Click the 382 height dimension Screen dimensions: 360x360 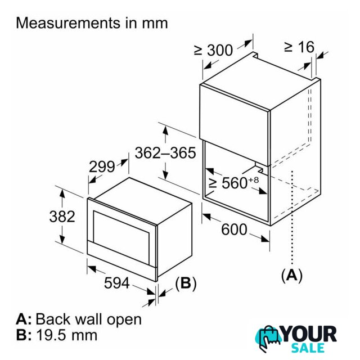click(x=62, y=217)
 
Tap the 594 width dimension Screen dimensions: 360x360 click(x=117, y=283)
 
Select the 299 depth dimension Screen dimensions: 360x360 click(x=102, y=166)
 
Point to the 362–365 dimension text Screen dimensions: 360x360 click(x=165, y=152)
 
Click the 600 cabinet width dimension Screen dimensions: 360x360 click(x=234, y=229)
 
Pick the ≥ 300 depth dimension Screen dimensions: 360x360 click(x=213, y=50)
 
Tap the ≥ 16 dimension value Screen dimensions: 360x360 click(x=299, y=47)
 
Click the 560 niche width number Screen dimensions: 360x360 click(x=235, y=183)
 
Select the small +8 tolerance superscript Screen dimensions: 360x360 click(x=253, y=179)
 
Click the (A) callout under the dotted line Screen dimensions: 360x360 click(x=292, y=275)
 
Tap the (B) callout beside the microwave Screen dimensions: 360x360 click(x=186, y=283)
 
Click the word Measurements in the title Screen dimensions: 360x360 click(x=69, y=23)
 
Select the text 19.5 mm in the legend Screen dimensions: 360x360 click(x=66, y=335)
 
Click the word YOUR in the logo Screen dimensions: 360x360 click(x=309, y=334)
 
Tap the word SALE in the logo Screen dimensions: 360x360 click(x=308, y=348)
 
